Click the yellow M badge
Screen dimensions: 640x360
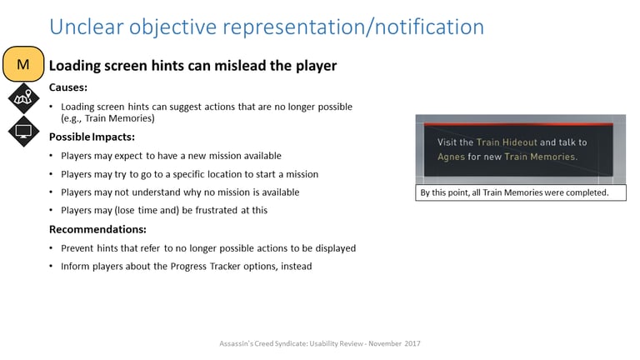[23, 64]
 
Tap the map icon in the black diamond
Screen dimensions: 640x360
[23, 98]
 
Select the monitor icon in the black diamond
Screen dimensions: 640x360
[23, 132]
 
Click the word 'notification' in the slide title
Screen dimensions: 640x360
[429, 27]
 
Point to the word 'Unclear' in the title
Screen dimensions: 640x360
[87, 27]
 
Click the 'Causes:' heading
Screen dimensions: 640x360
[68, 87]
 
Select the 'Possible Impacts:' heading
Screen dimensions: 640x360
[92, 137]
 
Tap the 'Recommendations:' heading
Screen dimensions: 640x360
[97, 229]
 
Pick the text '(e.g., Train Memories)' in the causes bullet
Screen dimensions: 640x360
[107, 118]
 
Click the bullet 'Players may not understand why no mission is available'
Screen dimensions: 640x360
[180, 192]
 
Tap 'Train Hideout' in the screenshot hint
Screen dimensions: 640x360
[507, 142]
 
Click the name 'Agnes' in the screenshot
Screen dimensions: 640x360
[451, 157]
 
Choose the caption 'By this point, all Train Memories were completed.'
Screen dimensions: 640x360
[514, 192]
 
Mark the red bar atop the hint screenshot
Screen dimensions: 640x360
[518, 123]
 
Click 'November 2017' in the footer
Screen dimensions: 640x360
[394, 343]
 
